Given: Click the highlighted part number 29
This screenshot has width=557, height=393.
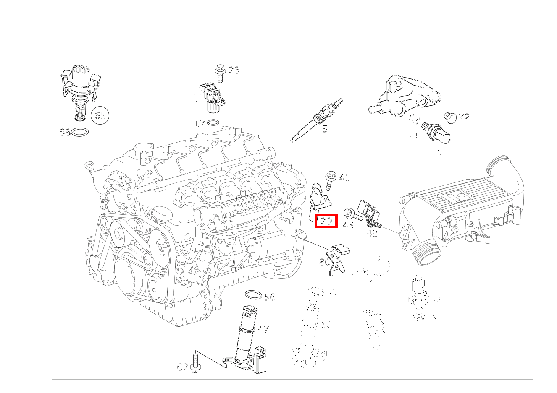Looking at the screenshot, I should click(x=326, y=221).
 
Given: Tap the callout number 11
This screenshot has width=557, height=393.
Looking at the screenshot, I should click(x=197, y=98).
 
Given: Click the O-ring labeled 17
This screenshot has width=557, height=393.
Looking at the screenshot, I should click(x=213, y=123).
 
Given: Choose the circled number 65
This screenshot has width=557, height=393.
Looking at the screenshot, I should click(x=100, y=115).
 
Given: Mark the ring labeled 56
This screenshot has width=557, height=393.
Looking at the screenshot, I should click(x=253, y=295).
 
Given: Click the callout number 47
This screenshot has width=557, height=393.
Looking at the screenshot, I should click(x=263, y=329).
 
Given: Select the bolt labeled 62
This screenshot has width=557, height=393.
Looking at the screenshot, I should click(x=194, y=363).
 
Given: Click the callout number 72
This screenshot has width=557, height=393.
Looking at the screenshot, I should click(x=463, y=117).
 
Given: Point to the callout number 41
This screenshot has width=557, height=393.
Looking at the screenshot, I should click(x=344, y=178).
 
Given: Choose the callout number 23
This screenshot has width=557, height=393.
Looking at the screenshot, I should click(x=234, y=70).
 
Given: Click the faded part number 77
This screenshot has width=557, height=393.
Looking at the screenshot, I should click(x=375, y=349).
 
